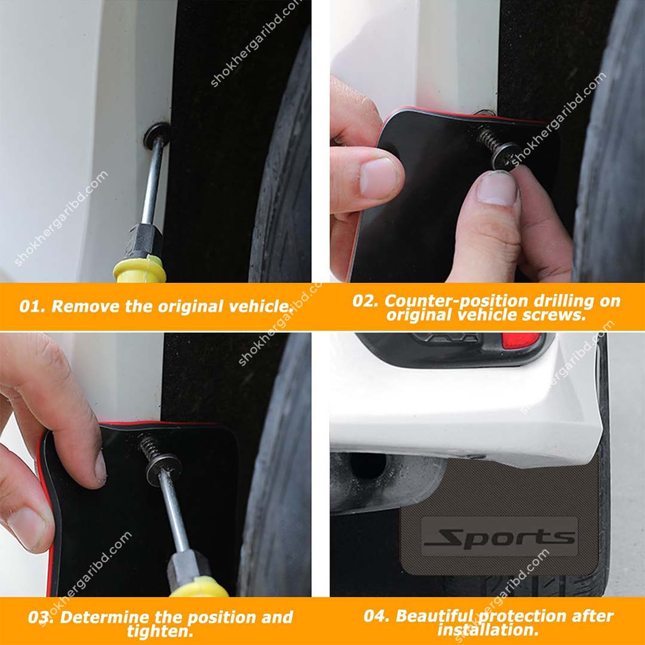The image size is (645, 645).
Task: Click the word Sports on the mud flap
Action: (x=500, y=537)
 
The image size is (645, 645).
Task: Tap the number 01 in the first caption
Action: (x=30, y=306)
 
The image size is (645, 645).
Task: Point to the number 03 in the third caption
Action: (x=40, y=617)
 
